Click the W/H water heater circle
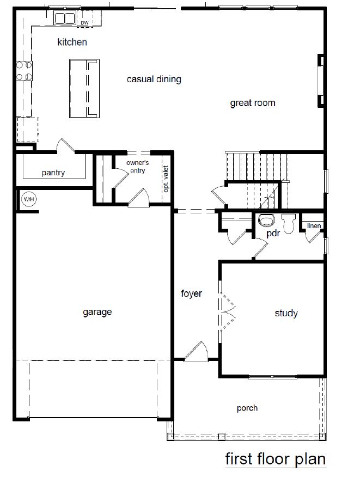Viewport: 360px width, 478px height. (x=28, y=199)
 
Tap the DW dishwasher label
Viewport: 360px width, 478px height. (x=84, y=22)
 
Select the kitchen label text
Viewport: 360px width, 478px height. (x=72, y=42)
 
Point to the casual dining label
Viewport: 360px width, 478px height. (x=154, y=79)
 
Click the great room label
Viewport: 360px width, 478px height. (x=252, y=102)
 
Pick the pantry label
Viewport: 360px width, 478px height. (x=53, y=173)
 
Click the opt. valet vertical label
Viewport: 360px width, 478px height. (x=166, y=180)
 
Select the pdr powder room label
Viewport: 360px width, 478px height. (x=273, y=233)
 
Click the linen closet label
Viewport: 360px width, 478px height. (x=313, y=225)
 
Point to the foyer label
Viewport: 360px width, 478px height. (x=191, y=294)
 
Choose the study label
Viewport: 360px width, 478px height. (x=286, y=313)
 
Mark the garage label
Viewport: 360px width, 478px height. (x=97, y=312)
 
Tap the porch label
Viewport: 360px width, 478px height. (x=247, y=408)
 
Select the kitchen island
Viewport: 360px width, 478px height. (x=84, y=89)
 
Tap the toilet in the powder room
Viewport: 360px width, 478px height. (x=266, y=220)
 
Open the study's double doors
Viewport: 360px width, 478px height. (x=226, y=311)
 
